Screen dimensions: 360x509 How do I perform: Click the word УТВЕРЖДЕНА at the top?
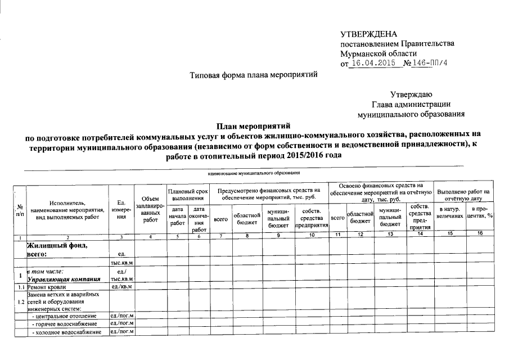click(x=368, y=34)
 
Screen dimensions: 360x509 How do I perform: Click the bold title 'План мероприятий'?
click(x=254, y=125)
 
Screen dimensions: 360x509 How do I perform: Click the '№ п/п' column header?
click(x=20, y=209)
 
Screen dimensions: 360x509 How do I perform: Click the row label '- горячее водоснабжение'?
click(x=64, y=325)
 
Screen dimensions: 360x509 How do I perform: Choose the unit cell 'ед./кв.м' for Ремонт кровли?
click(x=121, y=287)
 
